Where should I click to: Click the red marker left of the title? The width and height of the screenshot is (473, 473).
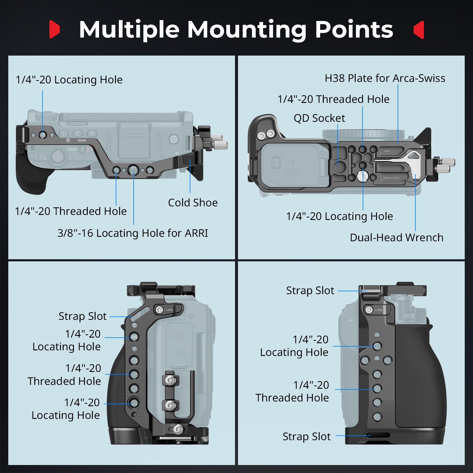[x=54, y=29]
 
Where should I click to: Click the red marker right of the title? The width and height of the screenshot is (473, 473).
[x=419, y=30]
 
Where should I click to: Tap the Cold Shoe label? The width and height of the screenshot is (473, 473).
[x=193, y=203]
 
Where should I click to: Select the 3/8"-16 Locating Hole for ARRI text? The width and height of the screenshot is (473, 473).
[x=132, y=233]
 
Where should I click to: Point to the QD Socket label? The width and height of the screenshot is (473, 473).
[x=319, y=118]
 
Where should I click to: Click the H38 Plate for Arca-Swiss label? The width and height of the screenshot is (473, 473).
[x=385, y=78]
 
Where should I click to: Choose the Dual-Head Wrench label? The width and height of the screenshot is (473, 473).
[x=396, y=238]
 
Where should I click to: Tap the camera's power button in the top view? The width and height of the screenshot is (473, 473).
[x=174, y=139]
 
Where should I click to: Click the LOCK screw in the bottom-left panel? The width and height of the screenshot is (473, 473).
[x=160, y=310]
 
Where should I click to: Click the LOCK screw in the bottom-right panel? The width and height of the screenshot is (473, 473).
[x=369, y=310]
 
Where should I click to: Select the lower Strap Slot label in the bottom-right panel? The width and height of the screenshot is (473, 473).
[x=306, y=437]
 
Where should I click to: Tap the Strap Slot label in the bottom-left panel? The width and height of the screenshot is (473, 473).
[x=82, y=316]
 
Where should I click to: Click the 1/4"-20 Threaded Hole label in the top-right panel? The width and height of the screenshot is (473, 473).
[x=333, y=99]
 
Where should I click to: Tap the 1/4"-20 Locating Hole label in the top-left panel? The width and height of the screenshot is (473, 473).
[x=69, y=80]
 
